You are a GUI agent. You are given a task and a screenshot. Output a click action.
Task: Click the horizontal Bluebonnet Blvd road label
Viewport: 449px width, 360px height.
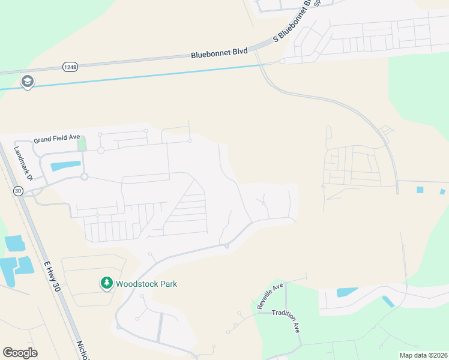219,53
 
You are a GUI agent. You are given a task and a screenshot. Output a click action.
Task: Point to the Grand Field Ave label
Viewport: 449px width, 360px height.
56,139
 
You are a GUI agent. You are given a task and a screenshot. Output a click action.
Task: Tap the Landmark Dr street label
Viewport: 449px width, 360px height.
22,164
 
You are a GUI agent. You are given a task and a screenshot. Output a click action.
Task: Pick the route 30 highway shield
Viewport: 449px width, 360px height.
17,191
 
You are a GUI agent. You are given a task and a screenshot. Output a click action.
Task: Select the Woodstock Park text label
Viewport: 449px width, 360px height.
147,284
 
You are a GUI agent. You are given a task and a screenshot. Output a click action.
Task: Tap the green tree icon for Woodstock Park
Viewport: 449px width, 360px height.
106,283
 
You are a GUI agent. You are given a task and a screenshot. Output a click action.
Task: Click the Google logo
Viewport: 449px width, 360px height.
20,353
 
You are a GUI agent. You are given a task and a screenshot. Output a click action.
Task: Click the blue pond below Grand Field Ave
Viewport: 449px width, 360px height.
65,166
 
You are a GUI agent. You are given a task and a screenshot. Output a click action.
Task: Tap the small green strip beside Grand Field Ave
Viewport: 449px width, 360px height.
82,144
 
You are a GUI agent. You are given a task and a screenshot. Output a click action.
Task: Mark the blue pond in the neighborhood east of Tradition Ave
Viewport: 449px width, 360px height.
346,292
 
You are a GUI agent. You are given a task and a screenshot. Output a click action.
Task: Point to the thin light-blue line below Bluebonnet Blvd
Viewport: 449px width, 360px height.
150,76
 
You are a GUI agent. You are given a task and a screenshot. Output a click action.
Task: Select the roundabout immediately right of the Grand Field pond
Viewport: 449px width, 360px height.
85,176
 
